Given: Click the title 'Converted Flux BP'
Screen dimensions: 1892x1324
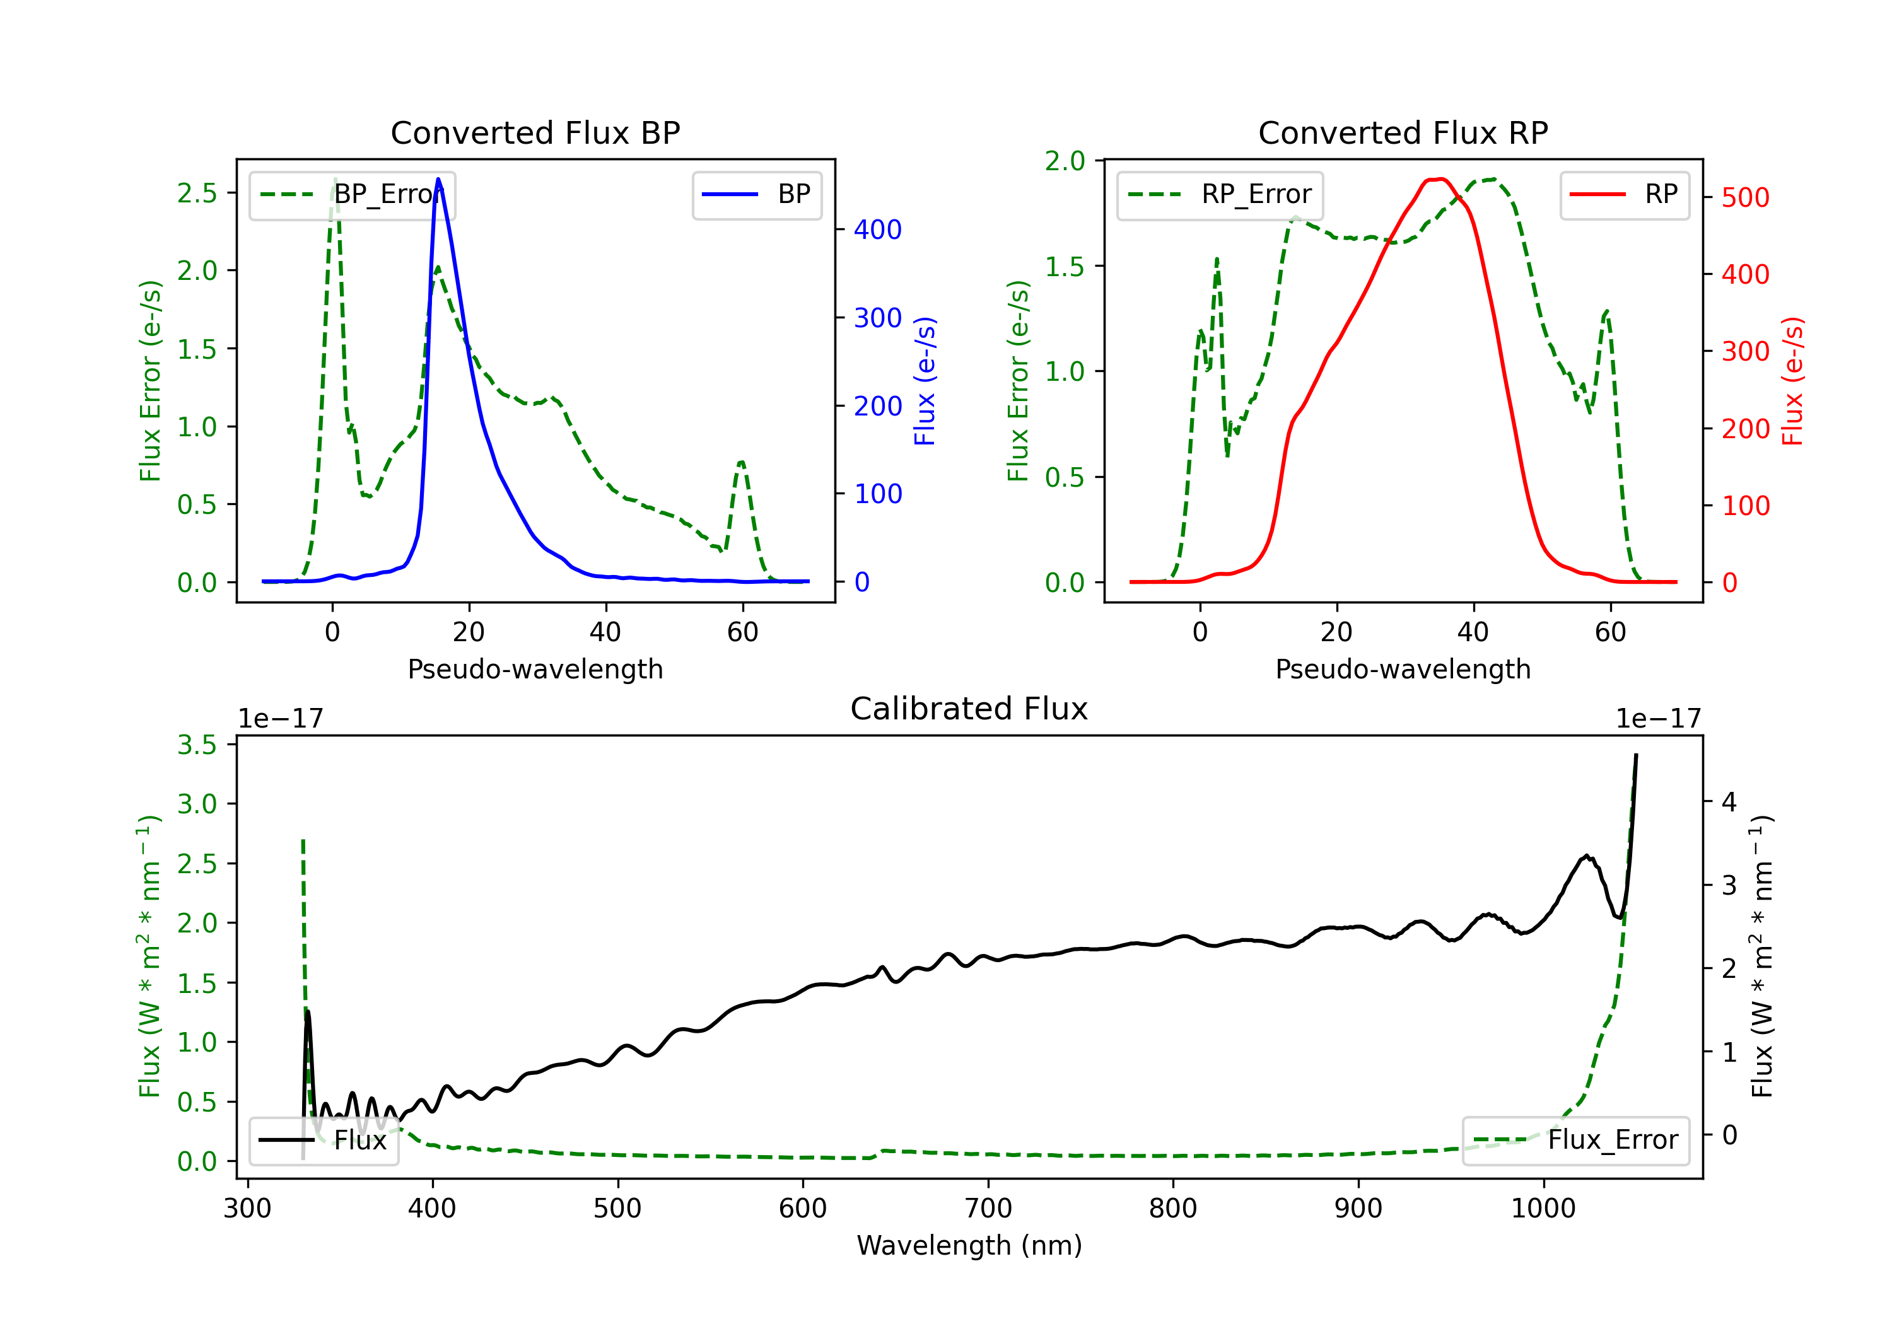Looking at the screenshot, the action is click(x=535, y=132).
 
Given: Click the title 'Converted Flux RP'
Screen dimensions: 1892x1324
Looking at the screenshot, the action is click(x=1403, y=132).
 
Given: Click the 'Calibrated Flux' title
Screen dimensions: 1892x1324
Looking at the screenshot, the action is click(x=969, y=709).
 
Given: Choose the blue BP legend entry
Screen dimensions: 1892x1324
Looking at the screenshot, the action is click(x=756, y=194).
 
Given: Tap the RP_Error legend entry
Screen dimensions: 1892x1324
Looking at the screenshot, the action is click(x=1220, y=194).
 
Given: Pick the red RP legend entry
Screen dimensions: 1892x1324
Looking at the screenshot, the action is click(x=1624, y=194).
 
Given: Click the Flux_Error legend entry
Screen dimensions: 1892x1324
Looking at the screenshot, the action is click(x=1575, y=1141).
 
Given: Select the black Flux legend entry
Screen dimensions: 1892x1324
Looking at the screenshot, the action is click(x=323, y=1141).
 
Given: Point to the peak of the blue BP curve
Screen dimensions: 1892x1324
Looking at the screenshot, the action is click(x=438, y=179).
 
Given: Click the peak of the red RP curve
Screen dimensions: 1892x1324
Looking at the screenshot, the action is click(x=1438, y=179).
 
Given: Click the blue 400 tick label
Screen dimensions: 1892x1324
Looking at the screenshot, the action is click(x=878, y=230).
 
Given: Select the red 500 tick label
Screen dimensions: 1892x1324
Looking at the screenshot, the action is click(x=1745, y=198).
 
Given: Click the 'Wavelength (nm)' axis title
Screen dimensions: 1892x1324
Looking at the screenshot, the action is click(x=969, y=1246).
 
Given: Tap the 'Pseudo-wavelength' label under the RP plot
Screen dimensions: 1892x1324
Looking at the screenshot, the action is click(x=1403, y=669).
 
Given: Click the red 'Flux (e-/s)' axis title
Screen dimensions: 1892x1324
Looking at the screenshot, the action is click(x=1792, y=381).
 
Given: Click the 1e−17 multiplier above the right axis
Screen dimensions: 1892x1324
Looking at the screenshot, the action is click(x=1658, y=719).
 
